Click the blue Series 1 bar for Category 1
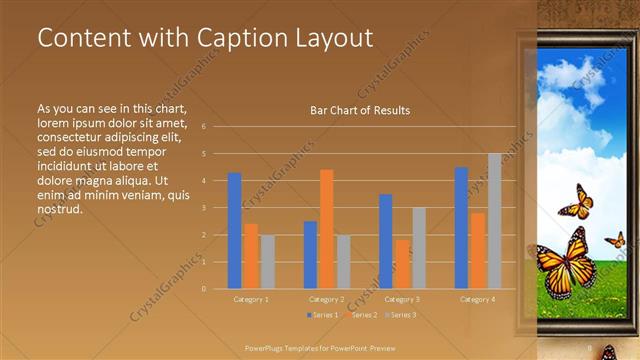point(234,230)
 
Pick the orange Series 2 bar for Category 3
point(402,263)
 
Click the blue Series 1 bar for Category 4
point(461,227)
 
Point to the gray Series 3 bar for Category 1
point(267,261)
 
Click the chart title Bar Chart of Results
point(360,110)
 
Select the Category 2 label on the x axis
point(327,299)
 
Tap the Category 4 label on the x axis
point(477,299)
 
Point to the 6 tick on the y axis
point(204,127)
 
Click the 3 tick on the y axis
point(204,208)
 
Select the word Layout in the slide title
point(329,38)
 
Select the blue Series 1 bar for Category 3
point(385,241)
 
